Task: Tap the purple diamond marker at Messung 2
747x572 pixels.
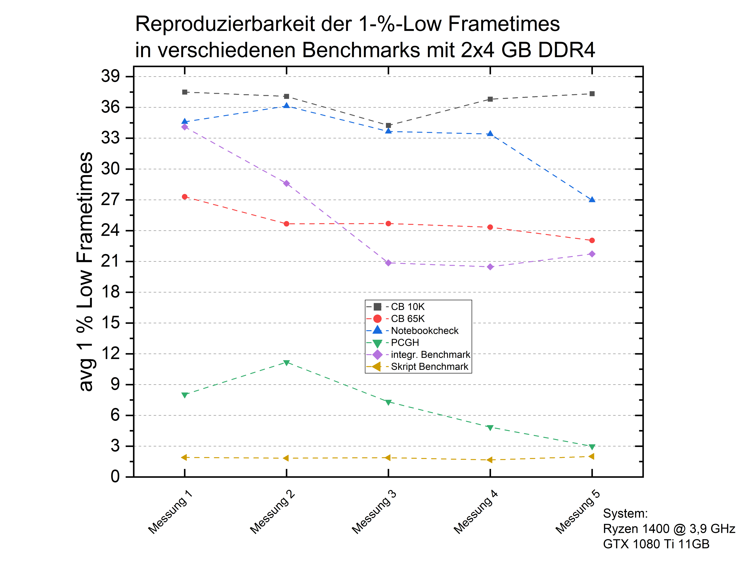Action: point(286,183)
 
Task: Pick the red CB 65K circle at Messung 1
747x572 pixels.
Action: point(185,197)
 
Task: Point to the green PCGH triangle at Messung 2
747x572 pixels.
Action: point(286,363)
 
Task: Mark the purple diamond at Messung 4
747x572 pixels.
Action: point(490,267)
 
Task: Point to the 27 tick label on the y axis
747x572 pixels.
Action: point(110,200)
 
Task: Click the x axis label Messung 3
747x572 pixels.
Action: point(374,512)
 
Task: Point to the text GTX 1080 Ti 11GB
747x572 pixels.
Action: point(656,544)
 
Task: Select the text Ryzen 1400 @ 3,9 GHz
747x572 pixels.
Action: point(669,529)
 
